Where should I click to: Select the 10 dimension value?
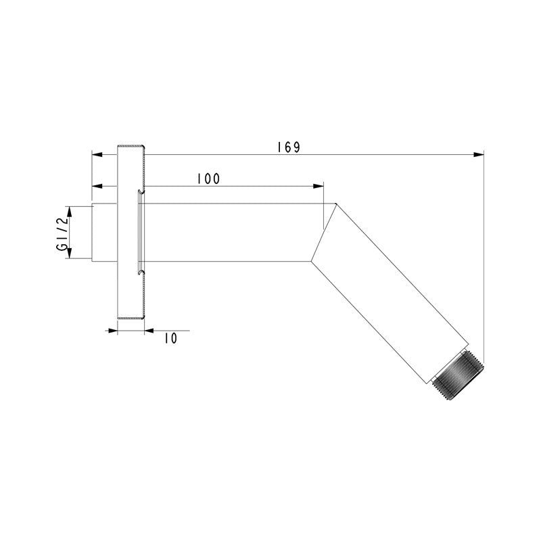tap(170, 338)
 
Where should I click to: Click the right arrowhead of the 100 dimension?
tap(319, 186)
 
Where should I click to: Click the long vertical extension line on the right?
tap(485, 257)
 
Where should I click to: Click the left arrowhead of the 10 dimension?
tap(114, 330)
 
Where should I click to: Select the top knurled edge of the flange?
tap(131, 147)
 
